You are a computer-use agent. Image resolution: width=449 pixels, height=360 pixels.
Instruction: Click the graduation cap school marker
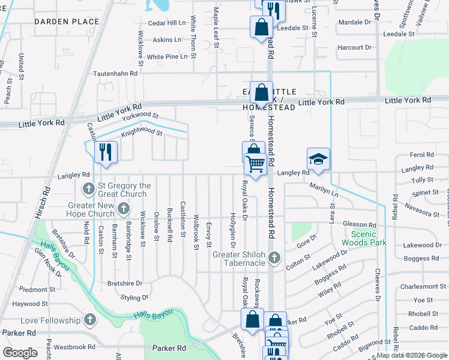tap(318, 159)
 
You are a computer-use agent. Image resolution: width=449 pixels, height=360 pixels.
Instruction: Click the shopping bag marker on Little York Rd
tap(261, 93)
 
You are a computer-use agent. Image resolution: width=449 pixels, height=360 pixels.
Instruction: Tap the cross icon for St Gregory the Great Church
tap(88, 190)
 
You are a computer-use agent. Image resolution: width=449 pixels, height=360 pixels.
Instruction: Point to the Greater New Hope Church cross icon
tap(124, 209)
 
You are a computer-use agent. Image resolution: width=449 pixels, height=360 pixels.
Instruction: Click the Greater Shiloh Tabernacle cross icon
tap(274, 258)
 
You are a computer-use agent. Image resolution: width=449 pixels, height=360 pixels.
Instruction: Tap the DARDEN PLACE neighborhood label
tap(67, 22)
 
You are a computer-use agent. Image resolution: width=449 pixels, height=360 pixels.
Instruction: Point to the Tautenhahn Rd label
tap(115, 73)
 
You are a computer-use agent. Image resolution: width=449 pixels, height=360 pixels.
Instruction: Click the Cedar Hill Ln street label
tap(167, 23)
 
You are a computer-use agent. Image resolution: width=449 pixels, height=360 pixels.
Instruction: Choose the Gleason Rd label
tap(359, 224)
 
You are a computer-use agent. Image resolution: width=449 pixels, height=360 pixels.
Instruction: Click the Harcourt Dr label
tap(355, 47)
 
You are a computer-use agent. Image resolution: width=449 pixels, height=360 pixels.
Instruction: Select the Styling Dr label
tap(134, 298)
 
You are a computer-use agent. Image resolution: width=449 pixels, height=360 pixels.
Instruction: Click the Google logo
tap(20, 353)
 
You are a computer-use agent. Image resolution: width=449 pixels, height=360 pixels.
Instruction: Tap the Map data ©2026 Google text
tap(412, 356)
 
